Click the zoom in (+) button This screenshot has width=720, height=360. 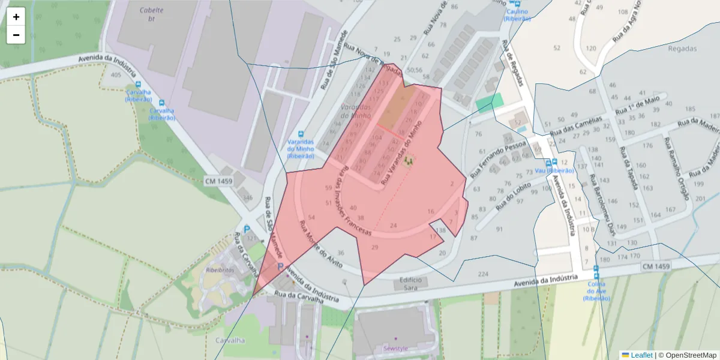pos(16,17)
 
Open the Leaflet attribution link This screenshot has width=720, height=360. pos(641,355)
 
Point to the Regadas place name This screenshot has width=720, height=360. pos(682,49)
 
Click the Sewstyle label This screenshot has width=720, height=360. pos(395,348)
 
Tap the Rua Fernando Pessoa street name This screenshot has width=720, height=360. pos(498,159)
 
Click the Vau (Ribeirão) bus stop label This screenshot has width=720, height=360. pos(555,171)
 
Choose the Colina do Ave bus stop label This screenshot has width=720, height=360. pos(596,290)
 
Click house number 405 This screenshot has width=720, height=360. pos(116,75)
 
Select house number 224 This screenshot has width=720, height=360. pos(483,274)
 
